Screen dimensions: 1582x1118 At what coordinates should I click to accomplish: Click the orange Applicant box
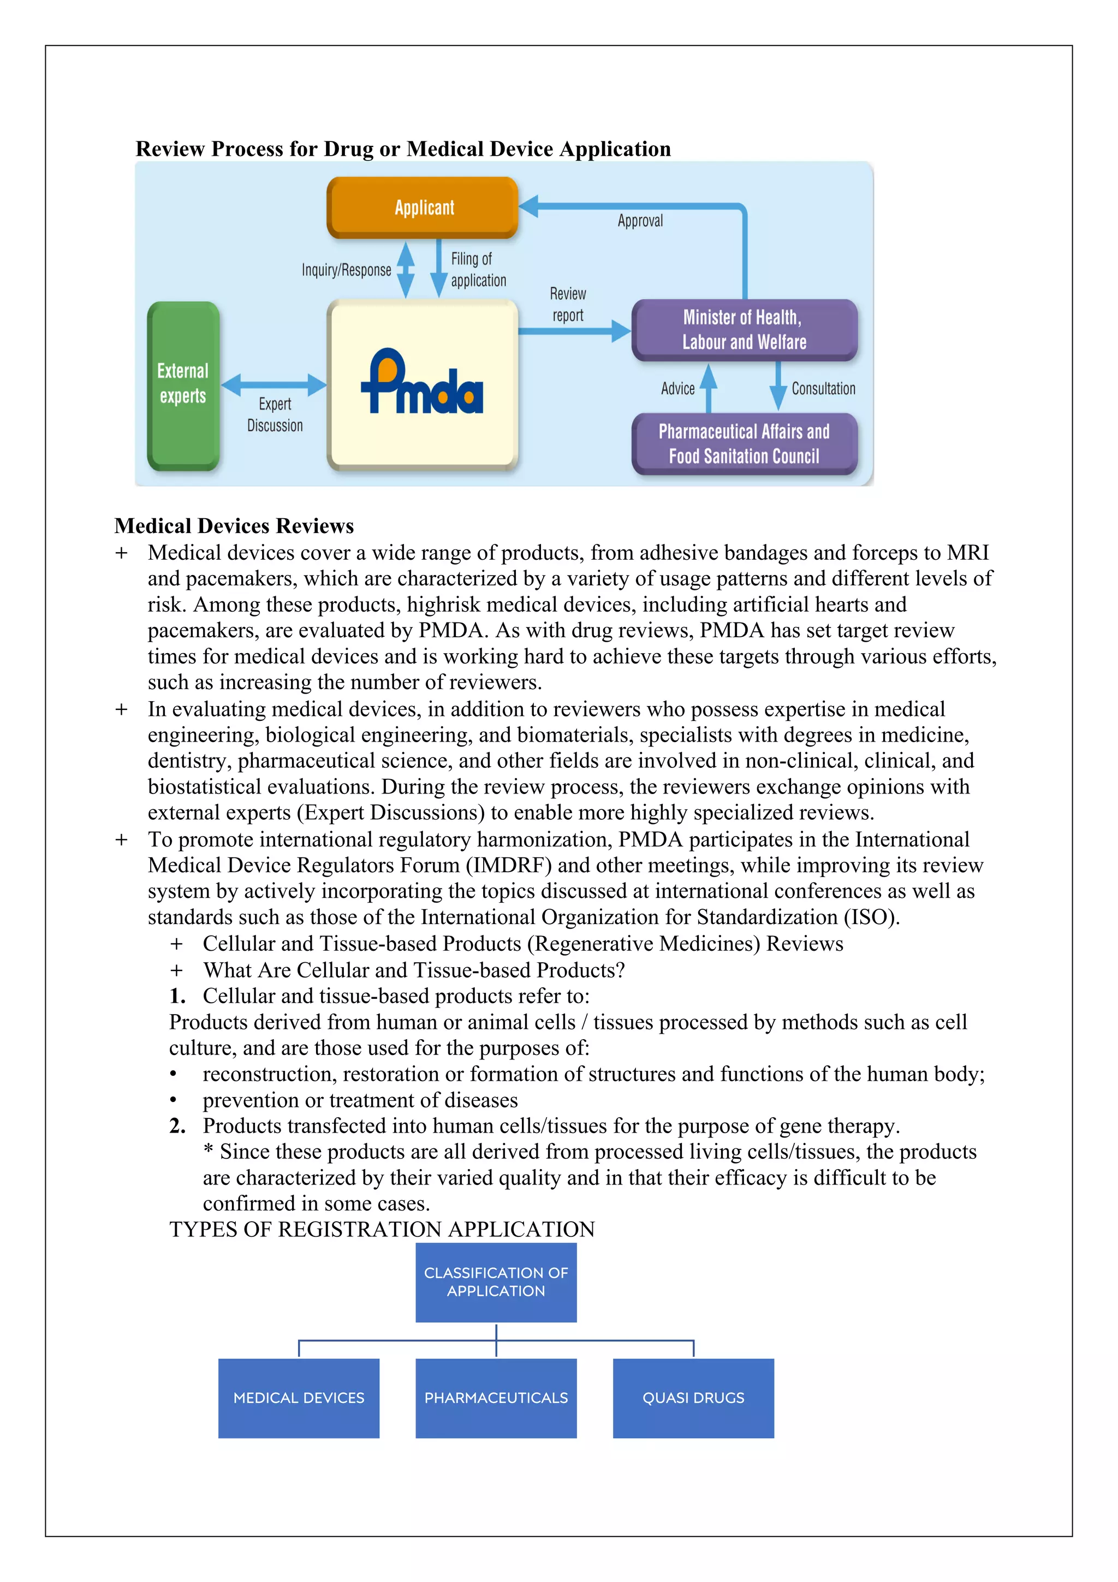(x=423, y=208)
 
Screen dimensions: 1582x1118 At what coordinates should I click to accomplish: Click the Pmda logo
(x=423, y=383)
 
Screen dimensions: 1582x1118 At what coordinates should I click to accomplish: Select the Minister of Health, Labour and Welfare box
(x=744, y=329)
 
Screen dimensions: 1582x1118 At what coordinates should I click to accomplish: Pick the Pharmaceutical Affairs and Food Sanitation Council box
(x=744, y=444)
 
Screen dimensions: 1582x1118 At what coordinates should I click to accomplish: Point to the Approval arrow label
(x=640, y=221)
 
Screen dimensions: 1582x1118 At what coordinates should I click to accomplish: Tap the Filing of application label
(x=478, y=269)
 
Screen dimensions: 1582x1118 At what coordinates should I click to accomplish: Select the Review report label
(x=568, y=305)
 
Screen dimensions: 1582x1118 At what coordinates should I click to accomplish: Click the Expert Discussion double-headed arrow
(x=273, y=384)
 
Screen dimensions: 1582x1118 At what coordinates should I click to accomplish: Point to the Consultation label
(x=823, y=389)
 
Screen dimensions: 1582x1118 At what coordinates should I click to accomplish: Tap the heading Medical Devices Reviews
(x=234, y=526)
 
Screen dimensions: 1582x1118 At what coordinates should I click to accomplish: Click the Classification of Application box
(x=496, y=1282)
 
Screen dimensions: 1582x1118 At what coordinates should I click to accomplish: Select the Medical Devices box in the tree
(x=298, y=1397)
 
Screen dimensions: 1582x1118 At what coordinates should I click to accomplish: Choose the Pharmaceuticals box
(x=496, y=1397)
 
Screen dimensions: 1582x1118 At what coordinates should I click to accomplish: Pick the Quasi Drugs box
(x=693, y=1397)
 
